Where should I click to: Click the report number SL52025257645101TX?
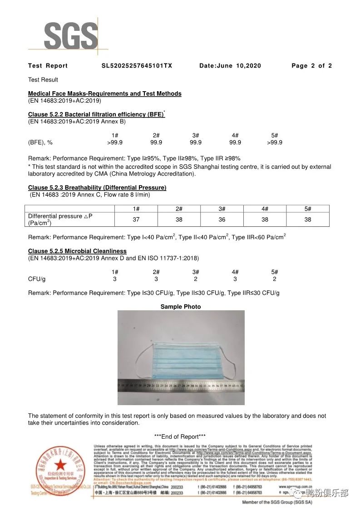coord(137,66)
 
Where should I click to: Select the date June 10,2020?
coord(230,66)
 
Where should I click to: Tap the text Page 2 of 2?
coord(311,66)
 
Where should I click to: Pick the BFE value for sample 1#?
coord(115,142)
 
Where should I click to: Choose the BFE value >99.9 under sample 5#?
coord(275,142)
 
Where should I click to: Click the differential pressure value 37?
coord(136,220)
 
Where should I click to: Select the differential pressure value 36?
coord(222,220)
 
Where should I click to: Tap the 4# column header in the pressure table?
coord(265,209)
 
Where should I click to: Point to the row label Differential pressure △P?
coord(60,220)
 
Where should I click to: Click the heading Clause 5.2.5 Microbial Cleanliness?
coord(77,251)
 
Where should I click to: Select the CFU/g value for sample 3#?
coord(196,279)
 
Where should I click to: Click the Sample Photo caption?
coord(181,307)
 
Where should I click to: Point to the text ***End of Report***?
coord(180,436)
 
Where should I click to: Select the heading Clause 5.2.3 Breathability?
coord(97,188)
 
